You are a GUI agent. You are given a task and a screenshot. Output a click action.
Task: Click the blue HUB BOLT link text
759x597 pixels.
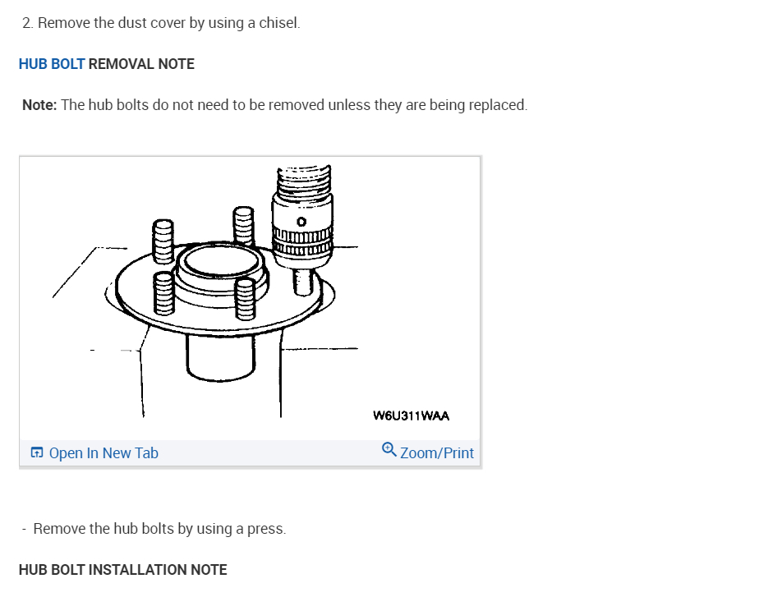pos(51,64)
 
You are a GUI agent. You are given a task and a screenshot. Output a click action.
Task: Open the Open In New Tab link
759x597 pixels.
pos(103,453)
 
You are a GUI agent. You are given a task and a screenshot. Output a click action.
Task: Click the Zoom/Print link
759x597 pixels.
pos(436,453)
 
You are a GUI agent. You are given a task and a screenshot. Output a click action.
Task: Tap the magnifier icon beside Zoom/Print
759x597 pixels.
pos(389,450)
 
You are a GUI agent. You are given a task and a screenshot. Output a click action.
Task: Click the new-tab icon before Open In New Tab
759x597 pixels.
pos(37,453)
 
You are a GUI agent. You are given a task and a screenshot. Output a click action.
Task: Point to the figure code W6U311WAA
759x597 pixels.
pos(411,416)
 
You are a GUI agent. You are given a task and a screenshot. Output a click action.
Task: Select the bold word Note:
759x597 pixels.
pos(39,105)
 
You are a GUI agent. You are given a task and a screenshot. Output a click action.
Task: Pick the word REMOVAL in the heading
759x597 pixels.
pos(121,64)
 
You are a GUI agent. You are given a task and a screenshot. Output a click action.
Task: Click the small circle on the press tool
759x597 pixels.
pos(301,222)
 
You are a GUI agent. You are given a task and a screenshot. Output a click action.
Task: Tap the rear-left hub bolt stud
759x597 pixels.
pos(162,241)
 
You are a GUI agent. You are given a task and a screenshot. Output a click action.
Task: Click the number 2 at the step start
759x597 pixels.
pos(27,23)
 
